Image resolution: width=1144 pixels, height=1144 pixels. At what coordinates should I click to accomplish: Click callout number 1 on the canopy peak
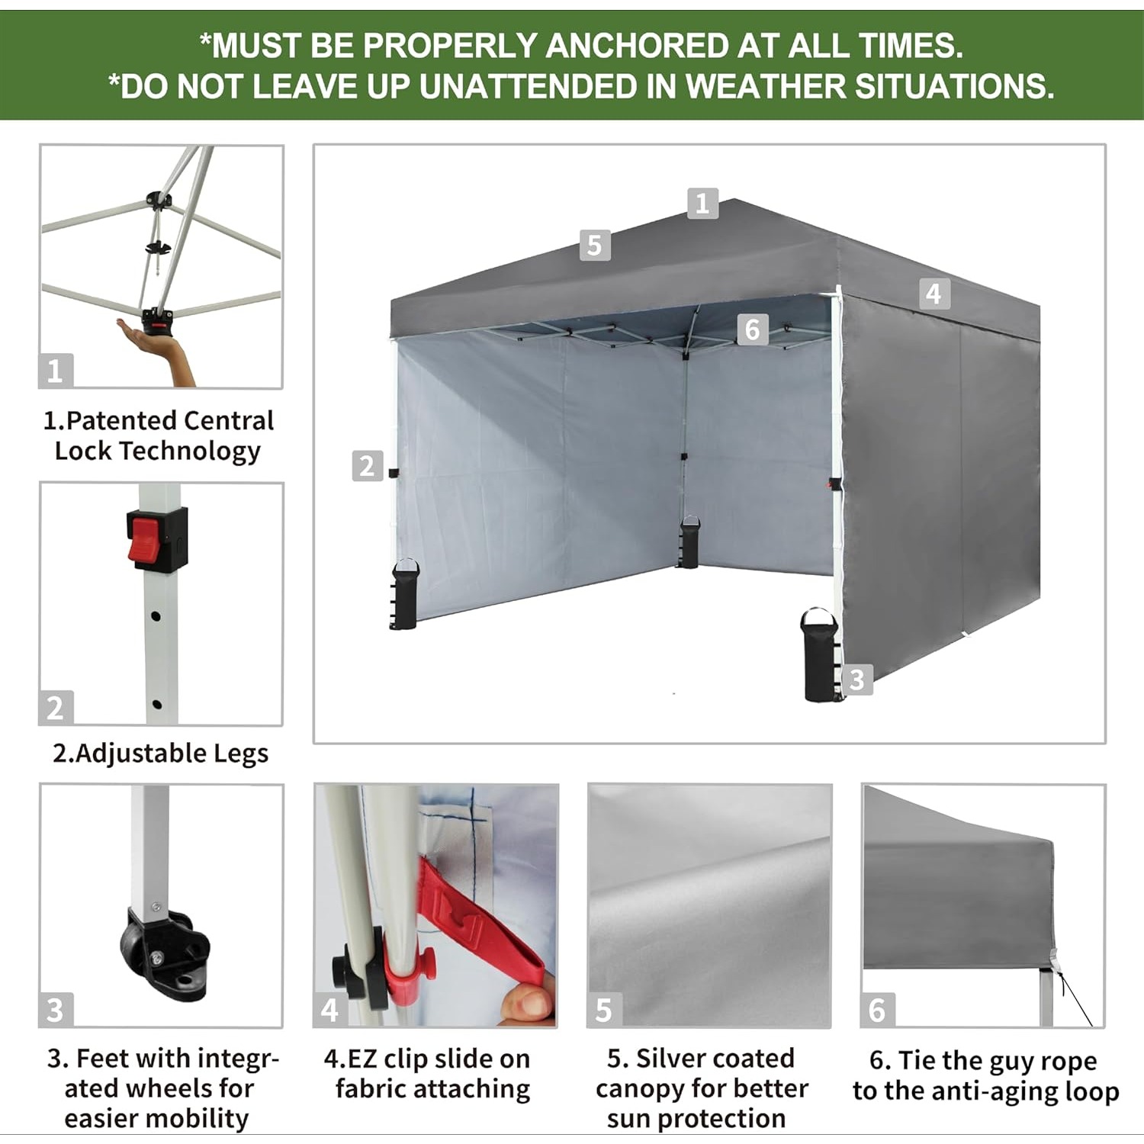pyautogui.click(x=702, y=204)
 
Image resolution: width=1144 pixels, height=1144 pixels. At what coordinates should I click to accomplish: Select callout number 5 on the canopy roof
pyautogui.click(x=595, y=246)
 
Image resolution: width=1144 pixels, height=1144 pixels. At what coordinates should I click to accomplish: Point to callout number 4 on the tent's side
pyautogui.click(x=934, y=294)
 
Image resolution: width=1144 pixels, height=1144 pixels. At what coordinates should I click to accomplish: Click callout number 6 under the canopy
pyautogui.click(x=753, y=329)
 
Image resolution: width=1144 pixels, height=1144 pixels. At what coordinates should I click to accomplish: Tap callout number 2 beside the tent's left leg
pyautogui.click(x=367, y=466)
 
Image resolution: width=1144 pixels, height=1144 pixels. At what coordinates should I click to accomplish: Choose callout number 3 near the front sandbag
pyautogui.click(x=857, y=680)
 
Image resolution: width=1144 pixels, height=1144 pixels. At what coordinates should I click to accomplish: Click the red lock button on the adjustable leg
pyautogui.click(x=146, y=538)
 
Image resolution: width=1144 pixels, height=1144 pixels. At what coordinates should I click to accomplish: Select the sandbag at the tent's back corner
pyautogui.click(x=689, y=541)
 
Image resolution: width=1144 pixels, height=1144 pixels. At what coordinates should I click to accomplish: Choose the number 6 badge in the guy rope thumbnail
pyautogui.click(x=877, y=1010)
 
